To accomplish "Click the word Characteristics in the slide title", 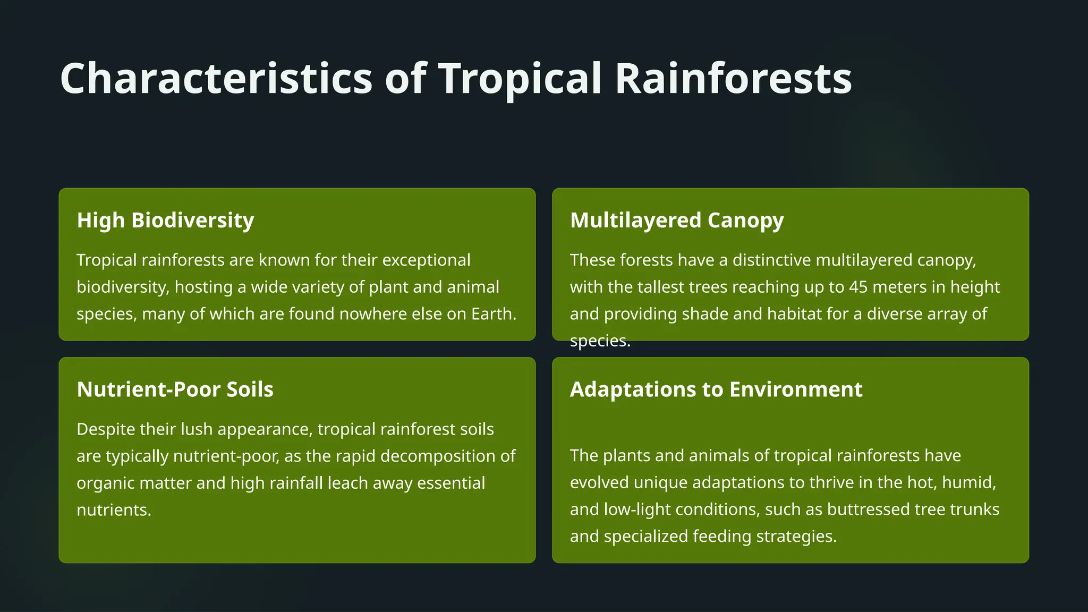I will click(216, 79).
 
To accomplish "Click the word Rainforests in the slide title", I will click(733, 79).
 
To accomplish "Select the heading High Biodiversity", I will click(165, 220).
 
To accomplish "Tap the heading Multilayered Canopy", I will click(676, 220).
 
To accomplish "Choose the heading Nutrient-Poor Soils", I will click(175, 389).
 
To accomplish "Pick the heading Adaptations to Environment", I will click(716, 389).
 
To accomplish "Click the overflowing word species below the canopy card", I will click(599, 341).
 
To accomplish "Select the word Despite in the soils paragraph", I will click(106, 429).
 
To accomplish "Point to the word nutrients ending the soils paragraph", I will click(114, 510).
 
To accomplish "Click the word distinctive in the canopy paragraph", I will click(771, 260).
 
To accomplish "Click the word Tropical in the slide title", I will click(520, 79).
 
